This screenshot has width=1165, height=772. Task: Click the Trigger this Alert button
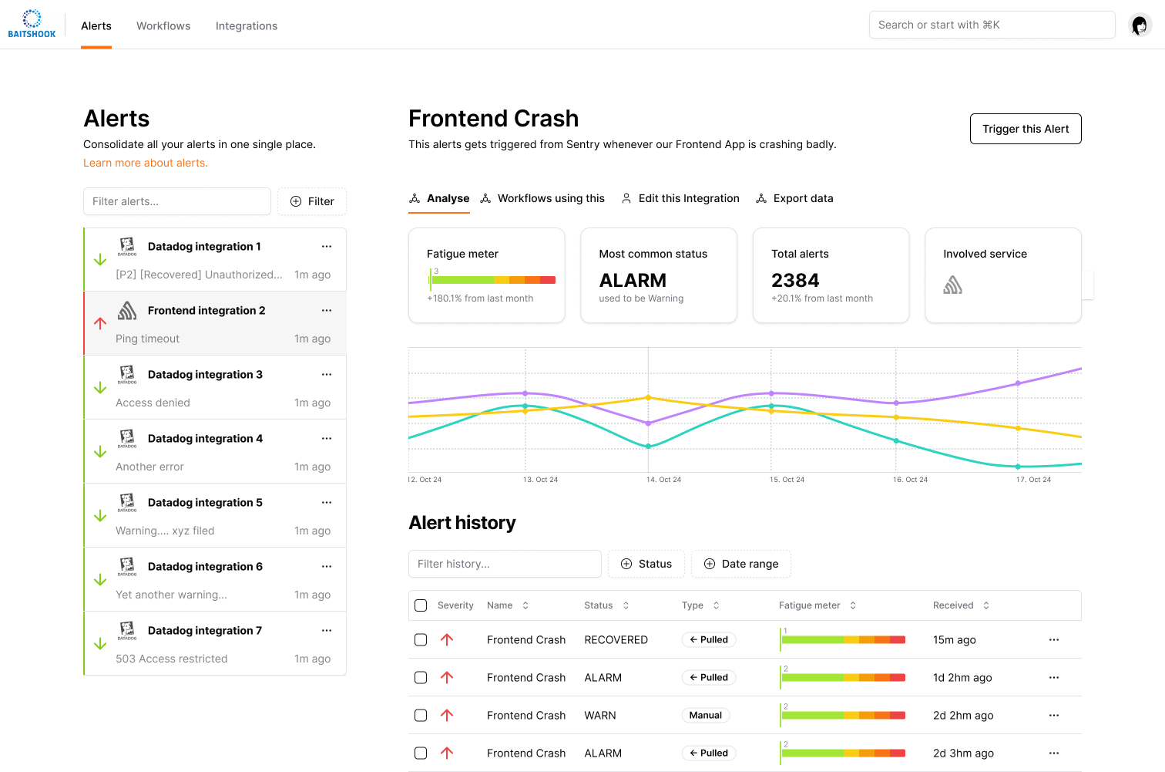click(1025, 129)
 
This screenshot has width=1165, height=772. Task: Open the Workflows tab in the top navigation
click(163, 25)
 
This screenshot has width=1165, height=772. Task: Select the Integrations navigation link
click(246, 25)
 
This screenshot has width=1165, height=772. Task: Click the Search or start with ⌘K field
click(991, 25)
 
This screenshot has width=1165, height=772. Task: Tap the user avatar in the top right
click(1140, 25)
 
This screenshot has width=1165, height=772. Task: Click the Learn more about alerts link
click(146, 163)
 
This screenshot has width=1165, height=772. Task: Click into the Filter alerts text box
click(176, 201)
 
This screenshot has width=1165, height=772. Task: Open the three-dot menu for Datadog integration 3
click(327, 375)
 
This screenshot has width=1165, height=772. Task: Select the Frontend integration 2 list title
click(206, 310)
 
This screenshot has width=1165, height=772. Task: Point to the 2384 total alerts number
click(795, 280)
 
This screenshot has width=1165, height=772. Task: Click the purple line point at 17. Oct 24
click(1018, 383)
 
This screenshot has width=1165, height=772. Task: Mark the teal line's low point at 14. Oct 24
click(648, 447)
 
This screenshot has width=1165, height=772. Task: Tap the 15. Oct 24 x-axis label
click(787, 480)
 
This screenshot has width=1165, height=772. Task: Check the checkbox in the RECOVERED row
click(421, 639)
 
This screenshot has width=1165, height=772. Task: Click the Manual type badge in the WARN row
click(705, 715)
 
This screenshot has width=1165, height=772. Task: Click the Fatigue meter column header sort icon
click(853, 605)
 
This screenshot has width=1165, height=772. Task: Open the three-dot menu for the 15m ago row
click(1053, 639)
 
